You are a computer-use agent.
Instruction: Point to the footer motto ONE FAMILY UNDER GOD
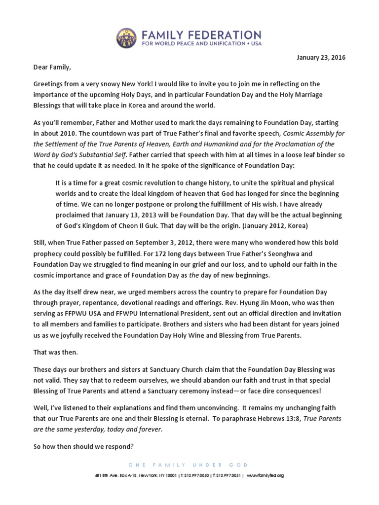pos(189,465)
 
